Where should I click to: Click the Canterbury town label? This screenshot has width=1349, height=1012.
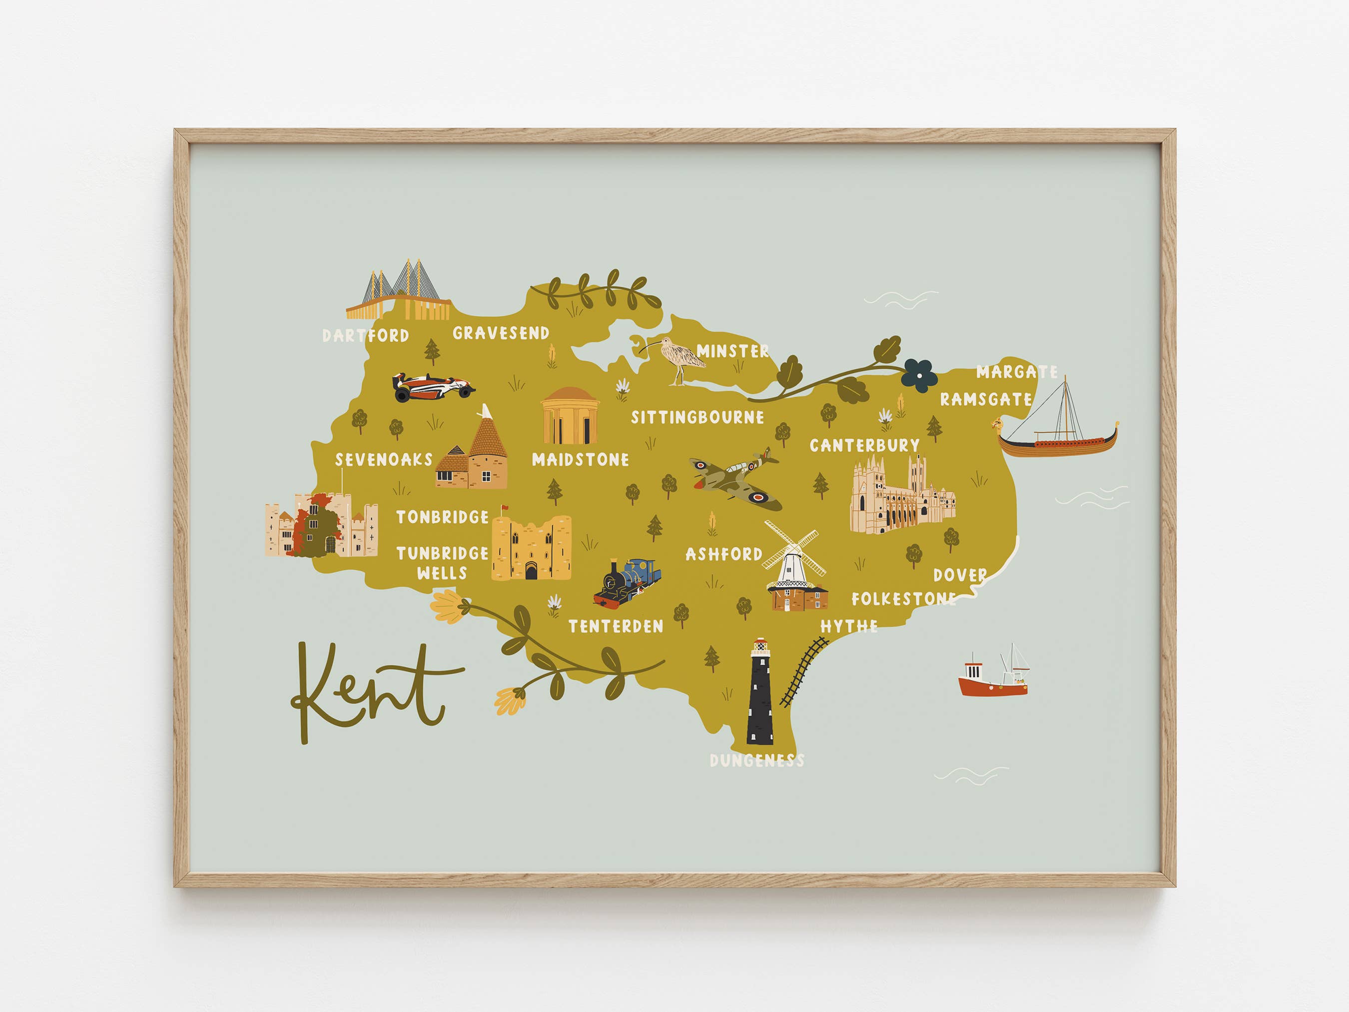tap(864, 445)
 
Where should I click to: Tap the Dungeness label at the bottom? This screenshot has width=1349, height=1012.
tap(757, 761)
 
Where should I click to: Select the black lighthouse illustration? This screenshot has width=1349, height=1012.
tap(760, 692)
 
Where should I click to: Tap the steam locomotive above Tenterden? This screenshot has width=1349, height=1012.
tap(628, 583)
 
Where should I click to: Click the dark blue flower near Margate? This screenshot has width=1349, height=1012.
tap(920, 374)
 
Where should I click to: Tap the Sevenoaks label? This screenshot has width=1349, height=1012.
tap(384, 459)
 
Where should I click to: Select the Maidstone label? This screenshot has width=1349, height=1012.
tap(580, 459)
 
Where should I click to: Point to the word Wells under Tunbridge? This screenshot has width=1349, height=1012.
tap(442, 573)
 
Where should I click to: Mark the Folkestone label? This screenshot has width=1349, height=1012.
tap(904, 599)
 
